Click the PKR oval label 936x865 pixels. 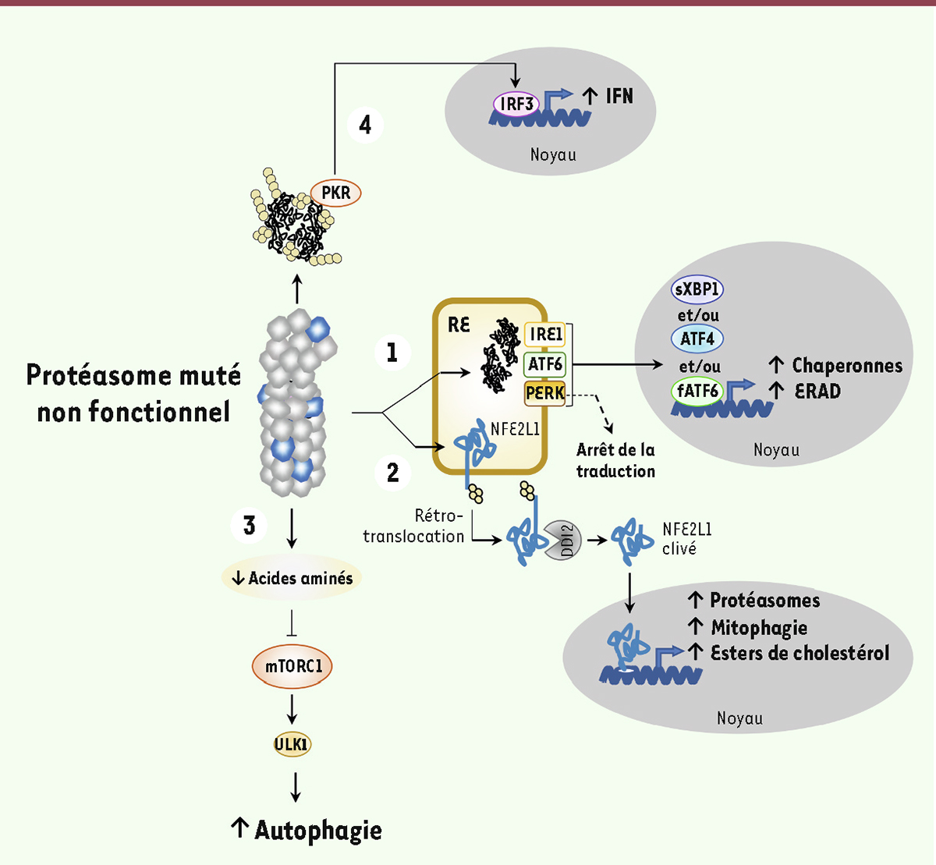pyautogui.click(x=336, y=192)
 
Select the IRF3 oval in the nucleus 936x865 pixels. pyautogui.click(x=516, y=103)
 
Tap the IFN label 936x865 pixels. pyautogui.click(x=619, y=96)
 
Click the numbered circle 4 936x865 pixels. pyautogui.click(x=364, y=125)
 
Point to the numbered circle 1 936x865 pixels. pyautogui.click(x=392, y=353)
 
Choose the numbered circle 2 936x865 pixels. pyautogui.click(x=392, y=472)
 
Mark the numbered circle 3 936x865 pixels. pyautogui.click(x=250, y=525)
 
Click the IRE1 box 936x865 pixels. pyautogui.click(x=545, y=335)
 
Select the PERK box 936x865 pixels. pyautogui.click(x=544, y=392)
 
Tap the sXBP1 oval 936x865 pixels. pyautogui.click(x=697, y=289)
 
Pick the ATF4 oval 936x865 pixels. pyautogui.click(x=697, y=339)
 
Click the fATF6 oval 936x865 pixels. pyautogui.click(x=697, y=389)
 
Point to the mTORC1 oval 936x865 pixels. pyautogui.click(x=292, y=666)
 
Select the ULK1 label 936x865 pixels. pyautogui.click(x=292, y=744)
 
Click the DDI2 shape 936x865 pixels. pyautogui.click(x=566, y=541)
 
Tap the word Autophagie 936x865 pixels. pyautogui.click(x=318, y=830)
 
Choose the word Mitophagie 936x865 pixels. pyautogui.click(x=759, y=627)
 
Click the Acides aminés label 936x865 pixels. pyautogui.click(x=300, y=578)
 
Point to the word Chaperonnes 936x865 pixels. pyautogui.click(x=847, y=365)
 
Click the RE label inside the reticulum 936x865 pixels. pyautogui.click(x=459, y=324)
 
